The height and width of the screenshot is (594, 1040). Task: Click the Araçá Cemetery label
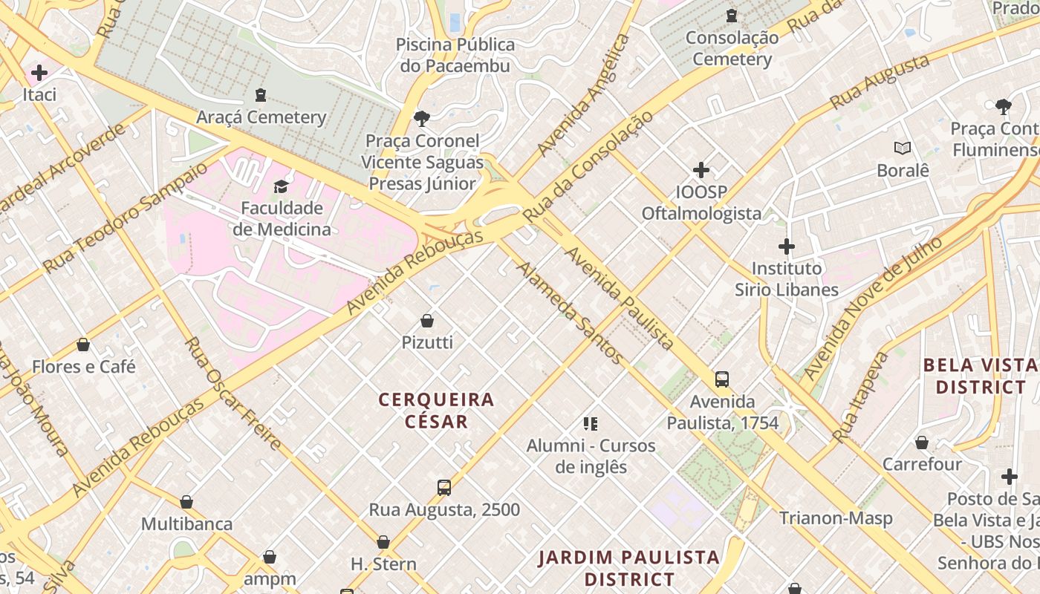point(261,117)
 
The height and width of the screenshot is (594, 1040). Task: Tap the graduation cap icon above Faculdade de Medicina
point(282,186)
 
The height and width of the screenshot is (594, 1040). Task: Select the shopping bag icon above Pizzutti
point(427,321)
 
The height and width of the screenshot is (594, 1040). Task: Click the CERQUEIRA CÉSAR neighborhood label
point(436,411)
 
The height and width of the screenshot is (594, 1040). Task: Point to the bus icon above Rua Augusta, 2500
point(444,488)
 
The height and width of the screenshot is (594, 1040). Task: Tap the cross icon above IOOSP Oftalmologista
point(701,170)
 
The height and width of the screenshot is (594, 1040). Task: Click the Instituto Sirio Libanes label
point(787,278)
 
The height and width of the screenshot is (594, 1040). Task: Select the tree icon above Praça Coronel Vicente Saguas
point(422,118)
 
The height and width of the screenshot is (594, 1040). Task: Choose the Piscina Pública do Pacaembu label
point(455,55)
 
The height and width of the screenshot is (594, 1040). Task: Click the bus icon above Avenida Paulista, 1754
point(722,379)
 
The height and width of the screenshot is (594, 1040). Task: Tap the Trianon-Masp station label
point(836,518)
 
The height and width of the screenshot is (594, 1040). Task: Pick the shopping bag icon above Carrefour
point(922,443)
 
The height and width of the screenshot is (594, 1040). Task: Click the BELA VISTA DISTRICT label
point(980,376)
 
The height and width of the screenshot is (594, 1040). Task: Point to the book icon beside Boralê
point(903,148)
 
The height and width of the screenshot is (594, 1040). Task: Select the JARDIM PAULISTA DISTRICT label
point(629,568)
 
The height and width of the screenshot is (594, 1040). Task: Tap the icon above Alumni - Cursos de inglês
point(591,424)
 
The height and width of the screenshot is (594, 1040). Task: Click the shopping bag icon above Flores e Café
point(83,345)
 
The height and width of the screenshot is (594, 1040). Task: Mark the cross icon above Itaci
point(39,73)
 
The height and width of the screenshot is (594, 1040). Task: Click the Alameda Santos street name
point(570,313)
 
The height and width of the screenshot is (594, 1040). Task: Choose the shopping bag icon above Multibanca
point(186,503)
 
